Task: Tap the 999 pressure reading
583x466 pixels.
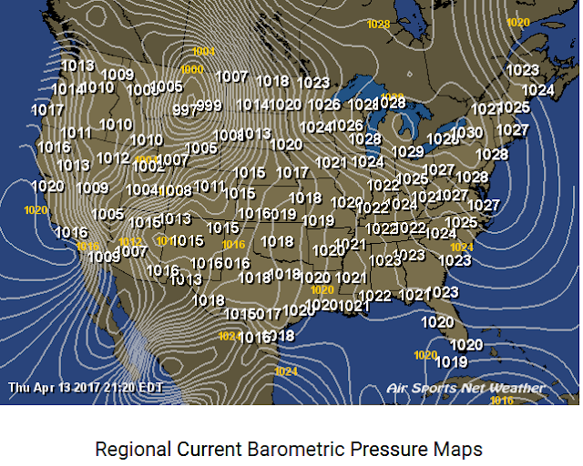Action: (x=209, y=106)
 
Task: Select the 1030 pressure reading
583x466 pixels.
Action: (x=466, y=133)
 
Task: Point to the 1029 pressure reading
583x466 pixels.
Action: (x=407, y=151)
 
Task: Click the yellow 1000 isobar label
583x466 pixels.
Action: (x=191, y=70)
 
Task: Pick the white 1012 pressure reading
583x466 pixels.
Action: (x=112, y=157)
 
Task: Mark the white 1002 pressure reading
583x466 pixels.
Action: (x=147, y=167)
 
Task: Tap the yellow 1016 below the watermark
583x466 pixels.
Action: (x=502, y=400)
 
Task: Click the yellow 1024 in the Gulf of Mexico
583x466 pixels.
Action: (x=286, y=371)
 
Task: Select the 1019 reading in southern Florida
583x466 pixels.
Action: (x=452, y=361)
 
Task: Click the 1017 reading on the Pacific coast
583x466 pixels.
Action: (x=47, y=110)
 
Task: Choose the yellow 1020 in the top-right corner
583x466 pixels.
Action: (x=517, y=22)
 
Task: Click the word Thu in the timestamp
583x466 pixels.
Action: (x=19, y=387)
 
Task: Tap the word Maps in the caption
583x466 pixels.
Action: (x=461, y=450)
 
